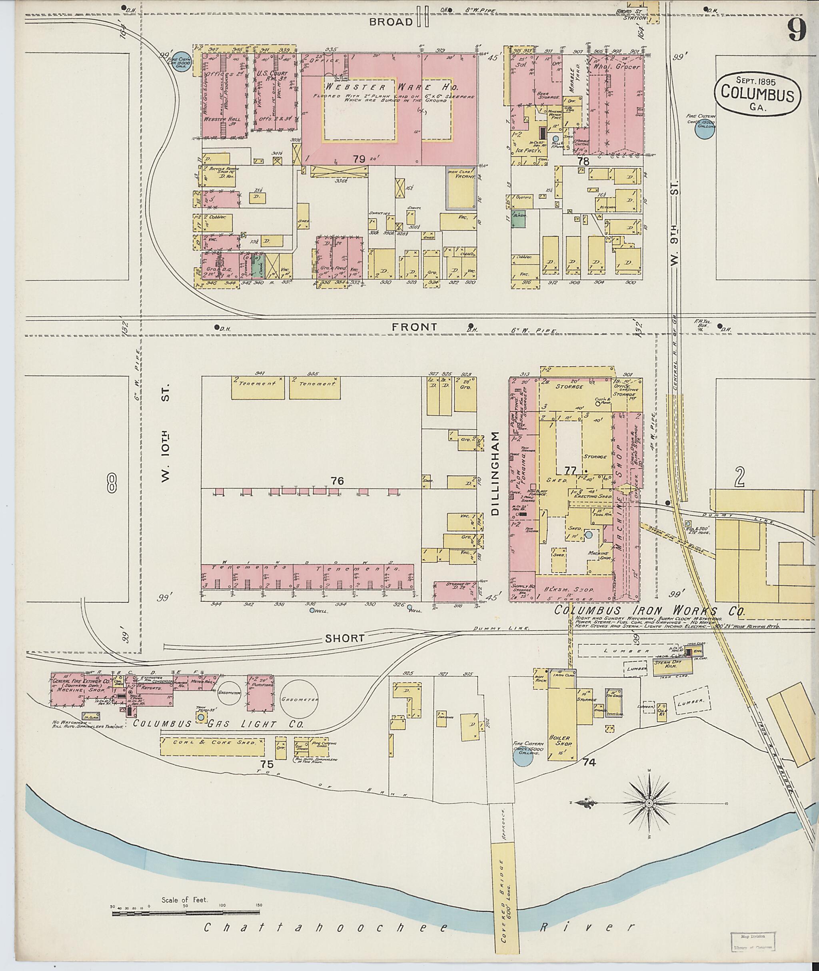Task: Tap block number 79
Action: pos(358,159)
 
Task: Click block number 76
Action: pos(337,481)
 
